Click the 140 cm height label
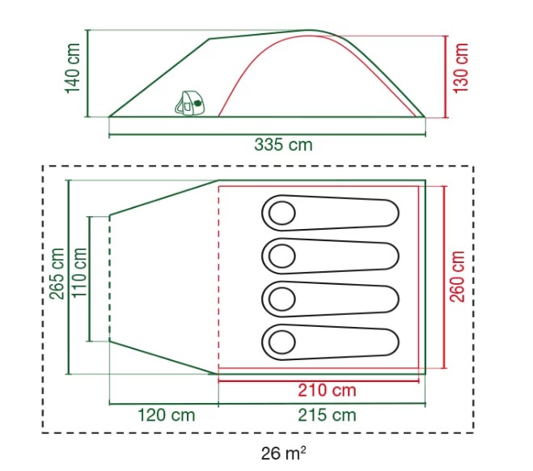(73, 68)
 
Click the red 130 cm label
(461, 68)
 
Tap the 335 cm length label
(283, 145)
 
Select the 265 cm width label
(57, 274)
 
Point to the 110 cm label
(79, 273)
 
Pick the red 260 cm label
(457, 277)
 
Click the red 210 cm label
(327, 390)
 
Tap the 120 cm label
(167, 415)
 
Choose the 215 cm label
(327, 415)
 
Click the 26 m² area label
(284, 453)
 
